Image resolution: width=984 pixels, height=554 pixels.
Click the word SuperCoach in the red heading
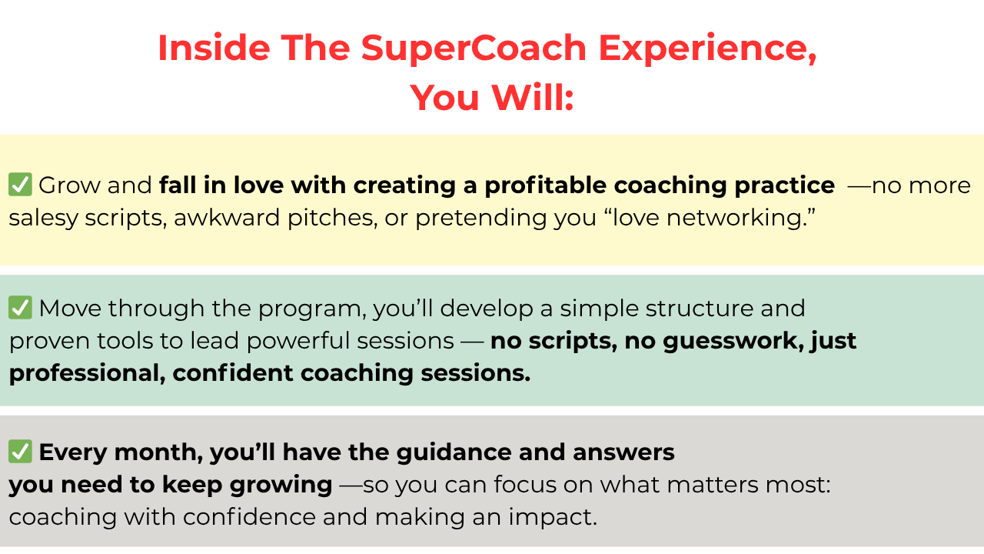tap(474, 48)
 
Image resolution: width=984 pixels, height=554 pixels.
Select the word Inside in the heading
tap(214, 48)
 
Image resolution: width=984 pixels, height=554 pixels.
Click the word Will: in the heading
tap(533, 97)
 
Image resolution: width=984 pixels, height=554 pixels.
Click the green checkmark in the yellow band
tap(20, 184)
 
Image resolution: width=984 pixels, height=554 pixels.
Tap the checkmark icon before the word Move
tap(20, 307)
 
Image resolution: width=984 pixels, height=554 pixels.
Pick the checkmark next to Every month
tap(20, 451)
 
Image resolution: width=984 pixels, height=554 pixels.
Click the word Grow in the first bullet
tap(69, 185)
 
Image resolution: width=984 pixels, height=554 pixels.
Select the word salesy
tap(43, 219)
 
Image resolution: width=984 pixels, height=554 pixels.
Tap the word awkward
tap(227, 217)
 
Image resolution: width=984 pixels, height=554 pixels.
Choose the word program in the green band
tap(312, 309)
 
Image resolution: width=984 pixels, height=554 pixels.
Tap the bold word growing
tap(281, 486)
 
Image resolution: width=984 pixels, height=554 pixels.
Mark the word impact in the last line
tap(553, 518)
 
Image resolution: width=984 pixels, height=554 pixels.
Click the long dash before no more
tap(859, 186)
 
